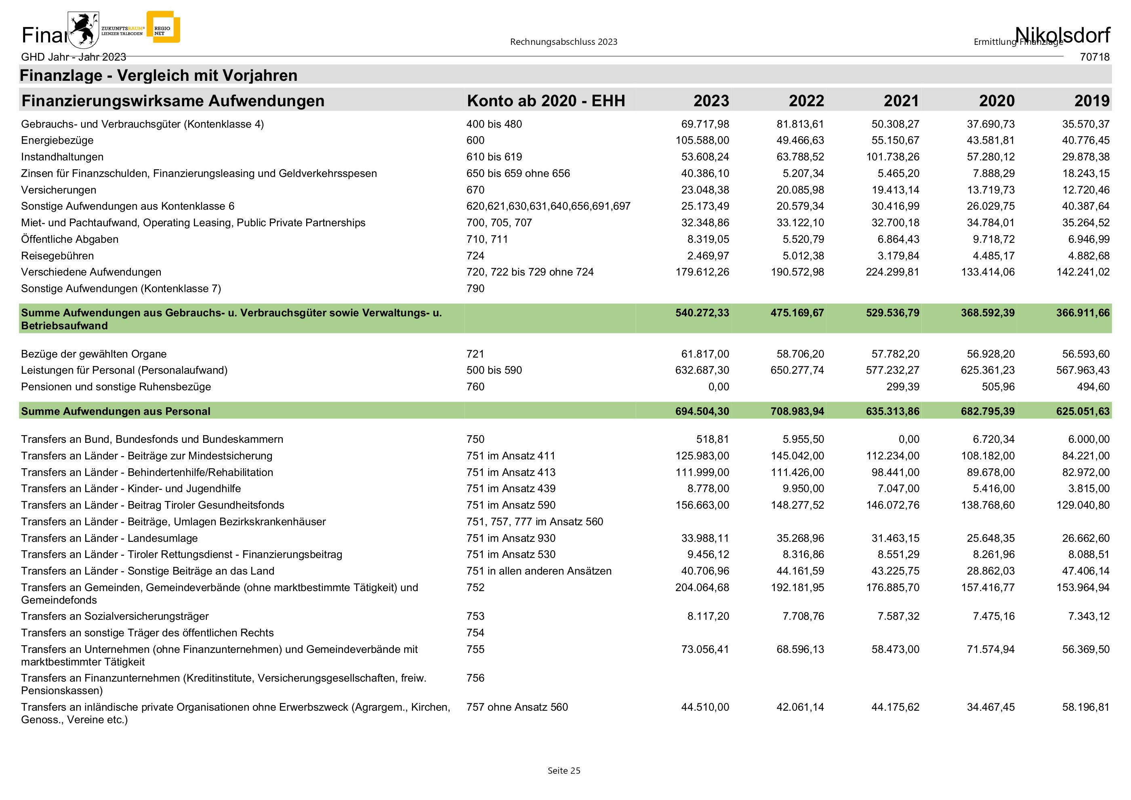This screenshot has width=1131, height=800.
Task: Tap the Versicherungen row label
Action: coord(59,190)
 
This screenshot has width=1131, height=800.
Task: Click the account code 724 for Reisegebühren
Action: coord(475,256)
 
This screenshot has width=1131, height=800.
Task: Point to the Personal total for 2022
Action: coord(797,411)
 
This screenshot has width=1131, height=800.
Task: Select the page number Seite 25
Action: coord(564,771)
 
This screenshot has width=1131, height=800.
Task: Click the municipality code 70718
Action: coord(1095,57)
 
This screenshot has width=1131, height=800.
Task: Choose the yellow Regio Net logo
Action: coord(163,27)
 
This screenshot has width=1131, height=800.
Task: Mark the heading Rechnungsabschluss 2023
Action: coord(563,42)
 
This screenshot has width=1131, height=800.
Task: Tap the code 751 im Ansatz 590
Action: coord(511,505)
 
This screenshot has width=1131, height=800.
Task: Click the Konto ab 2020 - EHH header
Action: coord(546,101)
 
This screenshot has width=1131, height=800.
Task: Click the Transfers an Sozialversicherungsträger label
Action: coord(115,617)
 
